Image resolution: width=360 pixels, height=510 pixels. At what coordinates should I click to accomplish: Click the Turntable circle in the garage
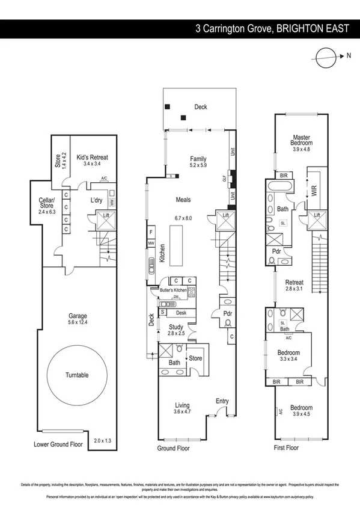pos(77,374)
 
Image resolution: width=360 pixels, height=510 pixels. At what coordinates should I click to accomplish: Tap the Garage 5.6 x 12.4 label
pos(77,319)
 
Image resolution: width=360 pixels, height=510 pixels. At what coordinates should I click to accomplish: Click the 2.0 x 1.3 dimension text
pos(103,441)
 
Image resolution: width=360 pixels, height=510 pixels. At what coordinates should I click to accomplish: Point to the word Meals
pos(183,199)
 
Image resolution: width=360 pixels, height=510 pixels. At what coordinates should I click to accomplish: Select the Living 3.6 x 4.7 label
pos(182,408)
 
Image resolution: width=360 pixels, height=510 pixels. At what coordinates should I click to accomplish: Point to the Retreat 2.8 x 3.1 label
pos(294,285)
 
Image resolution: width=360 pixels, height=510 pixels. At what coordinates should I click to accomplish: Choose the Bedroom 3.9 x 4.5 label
pos(302,411)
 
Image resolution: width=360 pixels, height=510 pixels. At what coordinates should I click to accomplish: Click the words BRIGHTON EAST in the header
pos(316,28)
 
